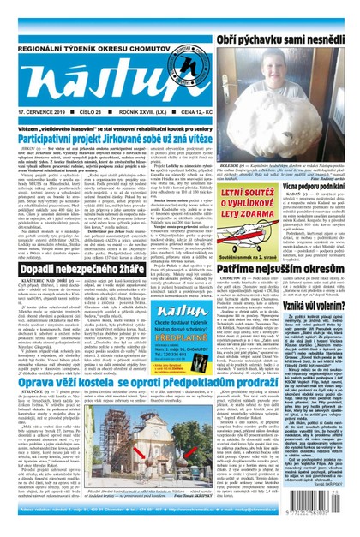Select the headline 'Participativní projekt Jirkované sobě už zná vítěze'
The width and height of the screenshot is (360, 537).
[x=116, y=136]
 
